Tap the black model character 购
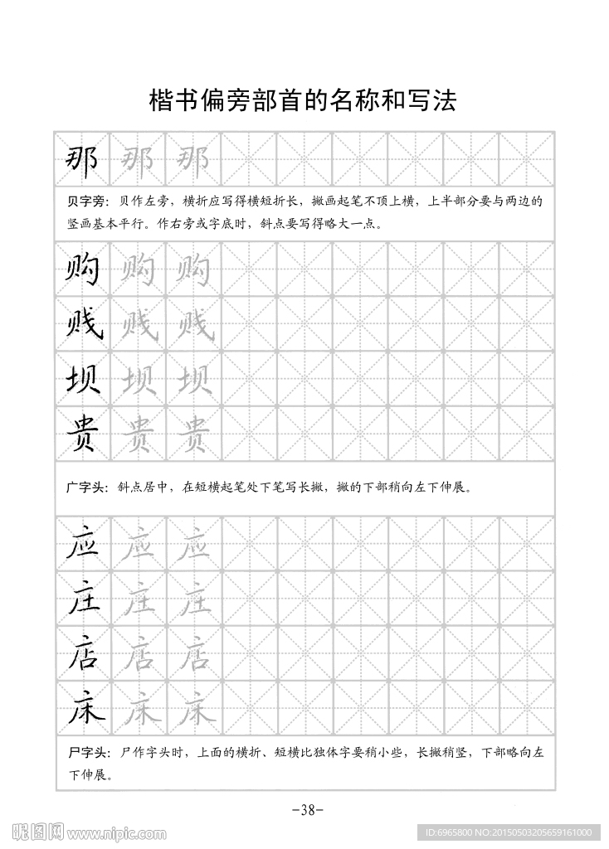(82, 269)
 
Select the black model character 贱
(83, 324)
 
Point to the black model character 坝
(82, 379)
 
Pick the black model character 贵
(82, 433)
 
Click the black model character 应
(82, 544)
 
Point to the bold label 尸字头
(85, 753)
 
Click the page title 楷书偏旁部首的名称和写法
(303, 100)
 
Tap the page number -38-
(304, 810)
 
